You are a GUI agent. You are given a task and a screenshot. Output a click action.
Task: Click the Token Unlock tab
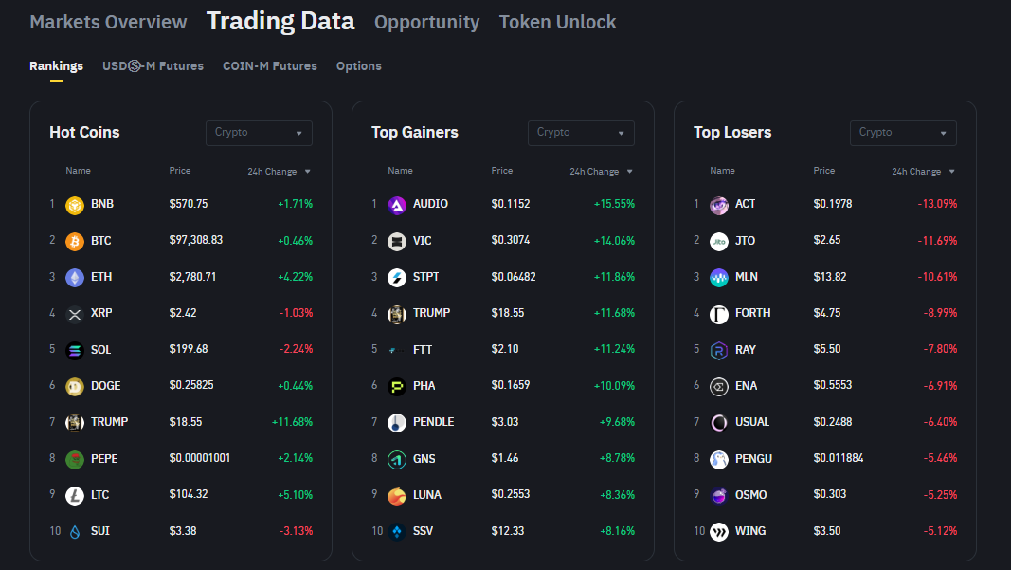coord(557,22)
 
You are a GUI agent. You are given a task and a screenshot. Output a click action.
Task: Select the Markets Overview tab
coord(108,22)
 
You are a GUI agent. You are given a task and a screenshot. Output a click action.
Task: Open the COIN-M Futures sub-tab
coord(269,66)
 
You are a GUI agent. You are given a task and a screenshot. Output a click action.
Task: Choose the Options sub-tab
coord(358,66)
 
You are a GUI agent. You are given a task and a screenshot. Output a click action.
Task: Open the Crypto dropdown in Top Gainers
coord(581,133)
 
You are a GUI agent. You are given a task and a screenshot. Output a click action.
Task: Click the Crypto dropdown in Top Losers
coord(903,133)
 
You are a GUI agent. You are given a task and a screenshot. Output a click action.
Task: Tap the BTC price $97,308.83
coord(196,241)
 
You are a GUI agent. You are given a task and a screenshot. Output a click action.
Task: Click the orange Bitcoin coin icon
coord(75,241)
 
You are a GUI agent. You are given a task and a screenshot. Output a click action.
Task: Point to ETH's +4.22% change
coord(295,277)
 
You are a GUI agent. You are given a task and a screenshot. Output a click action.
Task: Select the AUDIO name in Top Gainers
coord(430,204)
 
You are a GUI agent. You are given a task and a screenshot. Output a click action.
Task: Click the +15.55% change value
coord(614,204)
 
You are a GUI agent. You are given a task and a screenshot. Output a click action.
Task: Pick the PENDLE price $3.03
coord(504,422)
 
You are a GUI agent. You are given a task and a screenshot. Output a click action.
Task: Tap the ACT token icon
coord(719,205)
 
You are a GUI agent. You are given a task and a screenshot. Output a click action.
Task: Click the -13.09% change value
coord(937,204)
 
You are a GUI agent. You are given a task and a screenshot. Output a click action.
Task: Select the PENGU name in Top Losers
coord(753,459)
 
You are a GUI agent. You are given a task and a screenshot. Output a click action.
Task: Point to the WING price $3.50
coord(826,531)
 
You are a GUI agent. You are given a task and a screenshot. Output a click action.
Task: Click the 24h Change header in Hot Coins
coord(273,172)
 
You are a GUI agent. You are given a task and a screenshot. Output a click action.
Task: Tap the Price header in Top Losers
coord(824,171)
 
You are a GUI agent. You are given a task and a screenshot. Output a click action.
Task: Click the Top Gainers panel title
coord(415,133)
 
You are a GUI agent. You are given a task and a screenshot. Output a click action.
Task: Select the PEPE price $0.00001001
coord(200,459)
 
